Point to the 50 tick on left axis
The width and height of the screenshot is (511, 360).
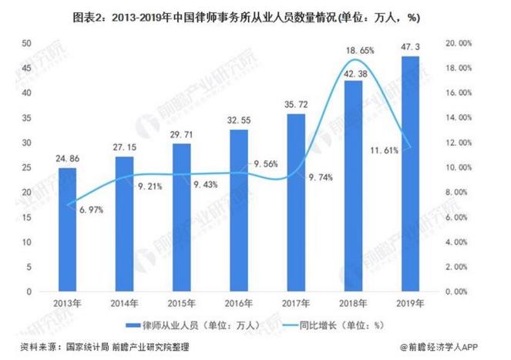(27, 43)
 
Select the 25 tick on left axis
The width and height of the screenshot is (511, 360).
(27, 167)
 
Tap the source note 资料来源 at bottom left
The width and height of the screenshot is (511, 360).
(100, 348)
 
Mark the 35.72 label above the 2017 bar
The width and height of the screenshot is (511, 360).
(295, 104)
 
